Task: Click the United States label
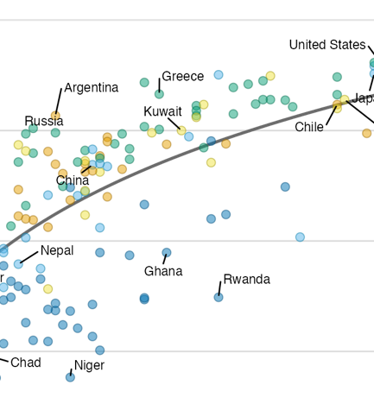(x=327, y=45)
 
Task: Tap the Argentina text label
(x=91, y=88)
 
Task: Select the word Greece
(x=183, y=77)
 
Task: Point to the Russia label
(x=43, y=121)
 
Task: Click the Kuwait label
(x=162, y=111)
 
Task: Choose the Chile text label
(x=309, y=127)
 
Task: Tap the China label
(x=73, y=181)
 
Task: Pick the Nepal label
(x=57, y=250)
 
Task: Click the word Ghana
(x=163, y=271)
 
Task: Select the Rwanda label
(x=246, y=279)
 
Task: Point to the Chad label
(x=25, y=362)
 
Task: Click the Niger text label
(x=89, y=365)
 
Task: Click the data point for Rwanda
(x=219, y=297)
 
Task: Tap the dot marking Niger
(x=70, y=377)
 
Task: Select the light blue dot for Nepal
(x=18, y=264)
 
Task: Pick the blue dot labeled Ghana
(x=167, y=253)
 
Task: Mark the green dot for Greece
(x=159, y=94)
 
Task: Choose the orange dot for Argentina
(x=56, y=116)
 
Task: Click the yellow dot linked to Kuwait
(x=181, y=130)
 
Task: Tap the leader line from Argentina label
(x=60, y=100)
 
